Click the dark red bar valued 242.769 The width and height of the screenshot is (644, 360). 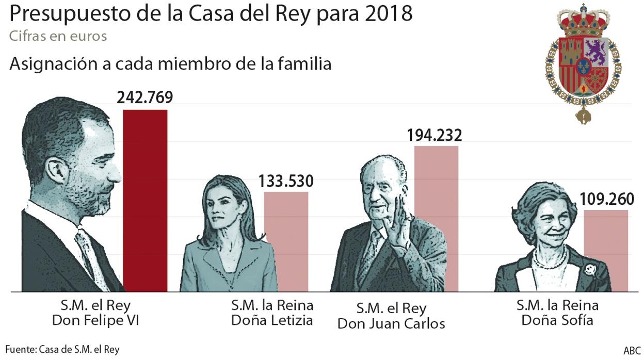pos(145,201)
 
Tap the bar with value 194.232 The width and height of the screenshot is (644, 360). pos(436,219)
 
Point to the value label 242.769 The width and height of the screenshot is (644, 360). pos(144,98)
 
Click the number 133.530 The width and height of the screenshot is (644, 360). pos(286,181)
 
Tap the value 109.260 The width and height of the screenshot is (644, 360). pos(606,199)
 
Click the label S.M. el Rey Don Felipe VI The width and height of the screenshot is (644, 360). pos(96,313)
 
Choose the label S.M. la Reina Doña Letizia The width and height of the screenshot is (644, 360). pos(271,313)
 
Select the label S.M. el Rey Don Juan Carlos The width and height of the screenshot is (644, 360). pos(391,316)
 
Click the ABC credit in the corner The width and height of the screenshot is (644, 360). pos(632,350)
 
